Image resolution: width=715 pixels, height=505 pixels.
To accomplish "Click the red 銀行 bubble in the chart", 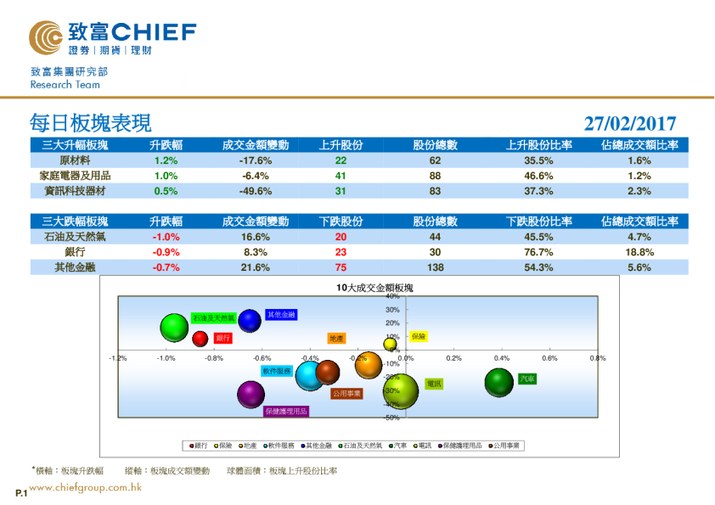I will [200, 339].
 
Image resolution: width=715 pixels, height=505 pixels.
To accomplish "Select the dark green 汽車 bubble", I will [499, 382].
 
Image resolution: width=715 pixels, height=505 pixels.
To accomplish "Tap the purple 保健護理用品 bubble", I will [251, 394].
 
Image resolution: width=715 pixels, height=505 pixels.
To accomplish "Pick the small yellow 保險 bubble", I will [390, 344].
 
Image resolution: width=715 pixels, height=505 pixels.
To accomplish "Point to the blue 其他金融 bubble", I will [250, 321].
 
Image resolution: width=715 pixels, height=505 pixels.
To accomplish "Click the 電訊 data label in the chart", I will [433, 384].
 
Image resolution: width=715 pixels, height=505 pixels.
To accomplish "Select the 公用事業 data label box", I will [346, 394].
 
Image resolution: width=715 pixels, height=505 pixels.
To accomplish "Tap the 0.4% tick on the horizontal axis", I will [502, 358].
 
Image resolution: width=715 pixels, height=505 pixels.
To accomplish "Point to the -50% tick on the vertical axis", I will [392, 418].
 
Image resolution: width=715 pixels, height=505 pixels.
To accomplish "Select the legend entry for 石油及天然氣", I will [359, 445].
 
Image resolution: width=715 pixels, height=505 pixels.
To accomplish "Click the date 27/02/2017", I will [630, 124].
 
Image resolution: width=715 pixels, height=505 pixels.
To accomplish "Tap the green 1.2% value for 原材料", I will [166, 160].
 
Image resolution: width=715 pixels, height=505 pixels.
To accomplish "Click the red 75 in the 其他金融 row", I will [341, 267].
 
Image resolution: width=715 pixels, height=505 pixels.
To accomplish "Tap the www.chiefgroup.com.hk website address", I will [86, 487].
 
